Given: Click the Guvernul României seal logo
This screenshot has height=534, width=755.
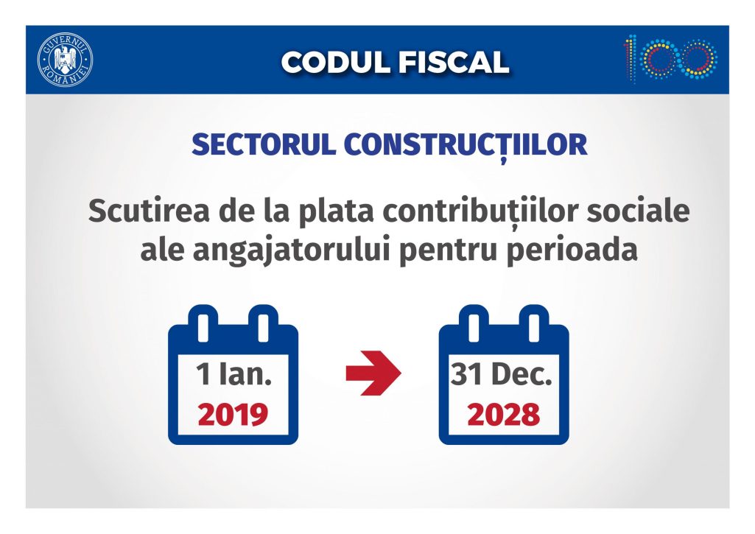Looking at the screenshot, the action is [66, 60].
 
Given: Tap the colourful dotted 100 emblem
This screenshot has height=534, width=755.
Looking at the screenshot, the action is [671, 58].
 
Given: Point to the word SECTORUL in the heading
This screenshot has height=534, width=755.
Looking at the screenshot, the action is [264, 144].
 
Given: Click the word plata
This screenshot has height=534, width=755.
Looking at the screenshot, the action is [336, 213].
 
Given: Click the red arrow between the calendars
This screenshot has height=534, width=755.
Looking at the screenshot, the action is [373, 373].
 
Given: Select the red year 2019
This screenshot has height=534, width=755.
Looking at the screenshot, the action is [233, 415].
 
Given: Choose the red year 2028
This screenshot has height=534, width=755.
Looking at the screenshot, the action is [504, 415].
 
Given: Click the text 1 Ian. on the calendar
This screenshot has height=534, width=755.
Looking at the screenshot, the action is [233, 374].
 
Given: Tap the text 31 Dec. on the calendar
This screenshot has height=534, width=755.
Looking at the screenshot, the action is [502, 374].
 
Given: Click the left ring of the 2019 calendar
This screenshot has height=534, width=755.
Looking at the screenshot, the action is [203, 323].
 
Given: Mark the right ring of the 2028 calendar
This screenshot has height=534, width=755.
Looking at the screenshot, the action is [534, 323].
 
